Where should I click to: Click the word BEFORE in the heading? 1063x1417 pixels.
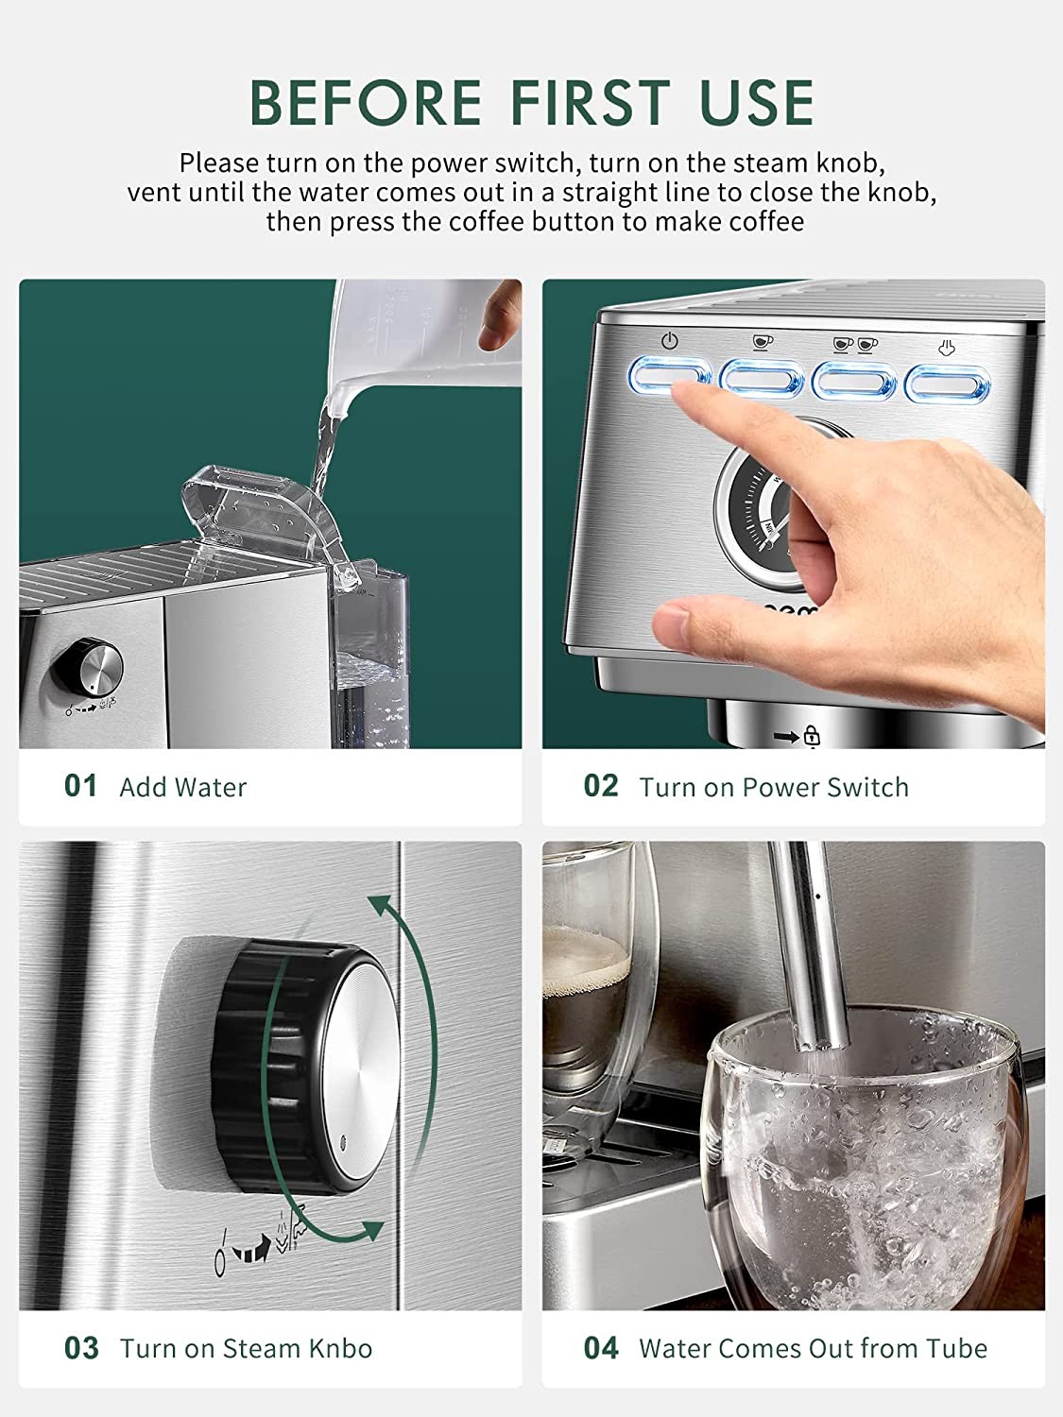point(366,102)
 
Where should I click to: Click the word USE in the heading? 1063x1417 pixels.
point(757,102)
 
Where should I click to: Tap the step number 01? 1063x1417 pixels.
point(80,786)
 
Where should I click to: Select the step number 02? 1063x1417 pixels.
point(601,786)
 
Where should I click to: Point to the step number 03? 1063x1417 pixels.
point(81,1349)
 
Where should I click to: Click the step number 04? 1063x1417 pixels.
point(601,1349)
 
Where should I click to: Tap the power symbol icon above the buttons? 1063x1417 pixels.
point(670,341)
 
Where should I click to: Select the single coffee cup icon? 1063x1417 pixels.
point(763,342)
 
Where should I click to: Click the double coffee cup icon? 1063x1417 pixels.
point(855,345)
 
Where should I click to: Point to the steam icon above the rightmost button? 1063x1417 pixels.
point(946,348)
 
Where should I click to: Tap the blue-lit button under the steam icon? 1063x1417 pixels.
point(948,385)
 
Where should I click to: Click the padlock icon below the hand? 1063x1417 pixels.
point(812,736)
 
